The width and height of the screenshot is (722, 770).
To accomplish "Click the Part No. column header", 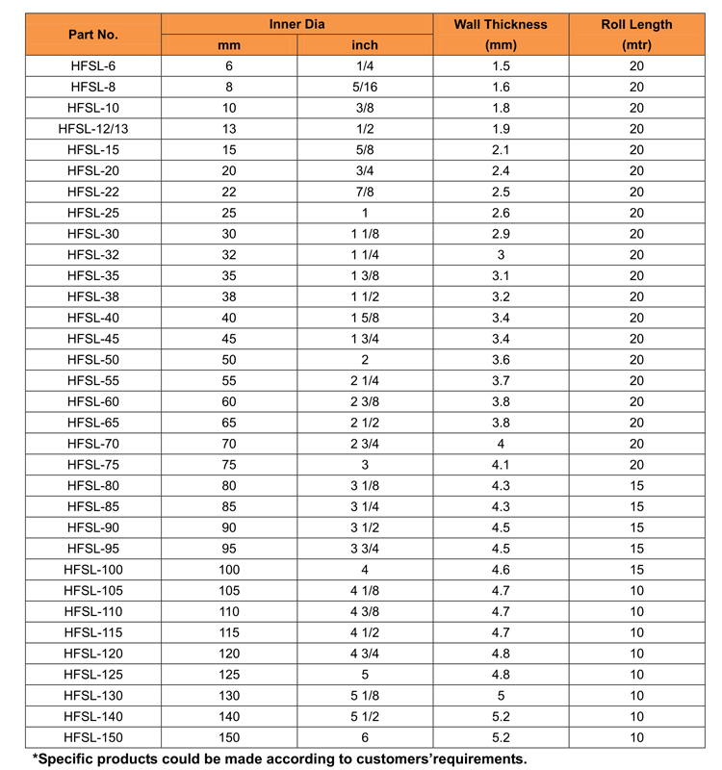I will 93,35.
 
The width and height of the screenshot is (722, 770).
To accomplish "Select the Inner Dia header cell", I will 297,24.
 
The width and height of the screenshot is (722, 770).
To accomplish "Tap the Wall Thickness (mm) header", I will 501,35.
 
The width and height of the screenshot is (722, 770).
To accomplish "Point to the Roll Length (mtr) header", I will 636,35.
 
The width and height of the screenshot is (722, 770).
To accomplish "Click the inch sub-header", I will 365,45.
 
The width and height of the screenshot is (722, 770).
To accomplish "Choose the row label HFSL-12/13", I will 93,129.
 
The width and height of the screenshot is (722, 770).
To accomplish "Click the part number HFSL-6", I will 93,66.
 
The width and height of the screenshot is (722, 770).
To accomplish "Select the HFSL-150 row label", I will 93,737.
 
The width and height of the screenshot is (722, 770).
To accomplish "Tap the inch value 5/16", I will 365,88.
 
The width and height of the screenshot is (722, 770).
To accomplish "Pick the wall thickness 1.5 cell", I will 501,66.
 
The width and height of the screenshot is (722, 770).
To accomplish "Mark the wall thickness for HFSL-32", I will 501,255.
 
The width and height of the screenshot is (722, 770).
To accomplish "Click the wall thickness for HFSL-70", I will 501,444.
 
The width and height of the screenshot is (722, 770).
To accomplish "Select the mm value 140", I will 228,717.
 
